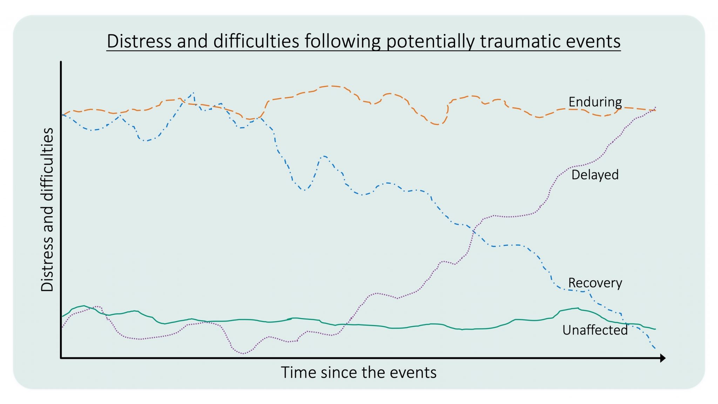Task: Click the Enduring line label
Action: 595,102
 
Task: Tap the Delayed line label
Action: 595,175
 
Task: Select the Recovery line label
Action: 595,283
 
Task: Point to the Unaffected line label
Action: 595,330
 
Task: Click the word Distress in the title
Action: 140,41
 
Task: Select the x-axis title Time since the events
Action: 359,372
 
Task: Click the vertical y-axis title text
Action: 47,209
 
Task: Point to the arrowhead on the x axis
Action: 662,358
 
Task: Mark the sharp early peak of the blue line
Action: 193,93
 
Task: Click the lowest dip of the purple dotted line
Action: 243,353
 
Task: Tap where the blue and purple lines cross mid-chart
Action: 474,230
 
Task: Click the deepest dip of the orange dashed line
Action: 438,124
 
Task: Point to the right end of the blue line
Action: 655,348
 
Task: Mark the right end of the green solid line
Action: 655,329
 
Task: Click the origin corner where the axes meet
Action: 61,358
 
